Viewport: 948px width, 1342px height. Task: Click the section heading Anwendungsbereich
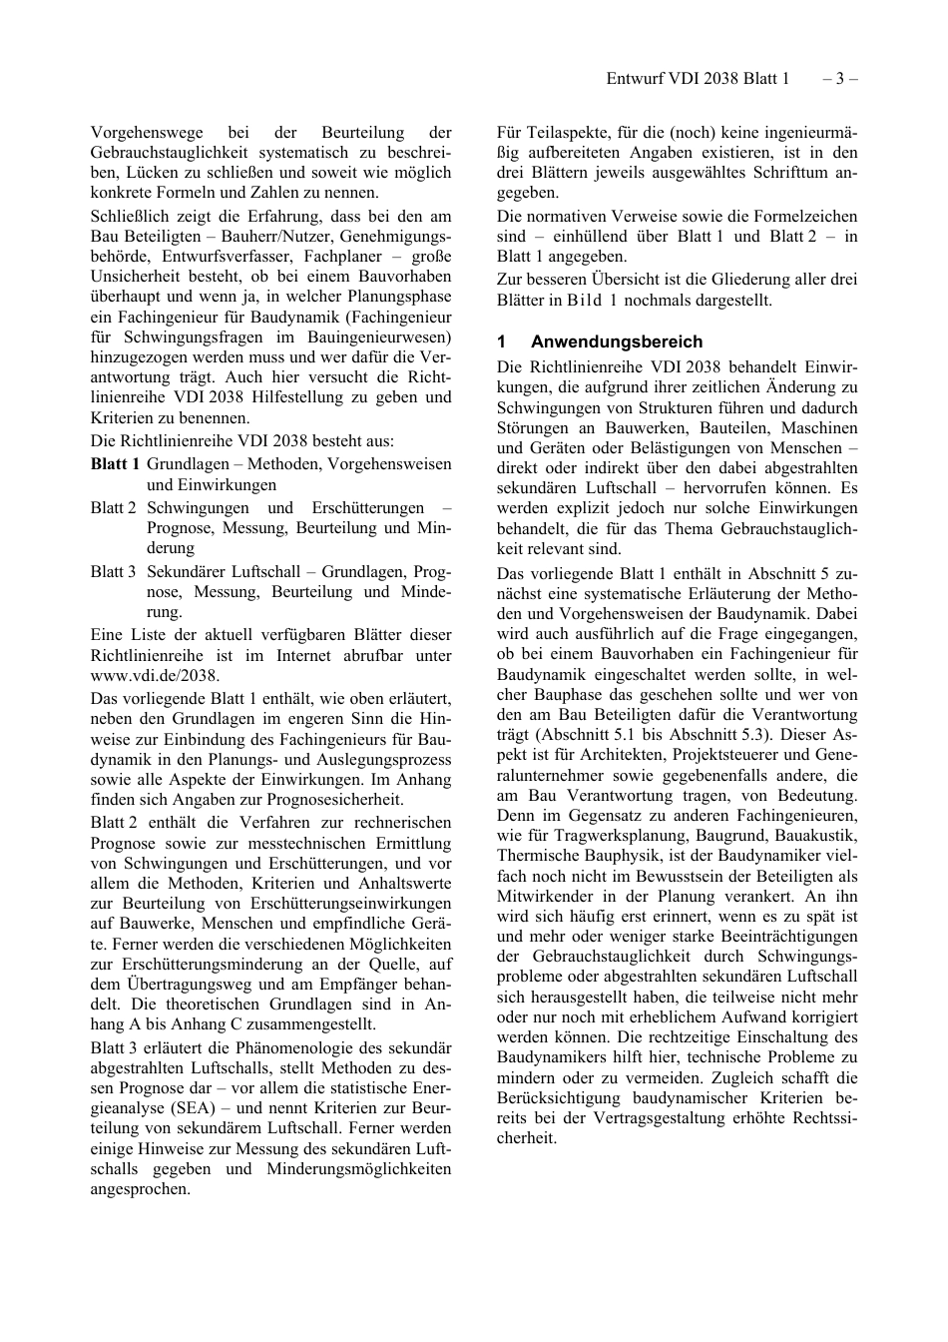[x=616, y=341]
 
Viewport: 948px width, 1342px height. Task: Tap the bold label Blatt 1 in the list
[x=115, y=464]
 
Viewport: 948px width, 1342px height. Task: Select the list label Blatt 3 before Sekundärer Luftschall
[x=113, y=572]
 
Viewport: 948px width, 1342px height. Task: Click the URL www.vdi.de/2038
[x=155, y=676]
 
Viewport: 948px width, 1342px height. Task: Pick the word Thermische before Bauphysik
[x=537, y=856]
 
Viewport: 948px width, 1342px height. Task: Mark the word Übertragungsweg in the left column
[x=151, y=985]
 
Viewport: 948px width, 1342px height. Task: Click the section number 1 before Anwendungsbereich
[x=502, y=341]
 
